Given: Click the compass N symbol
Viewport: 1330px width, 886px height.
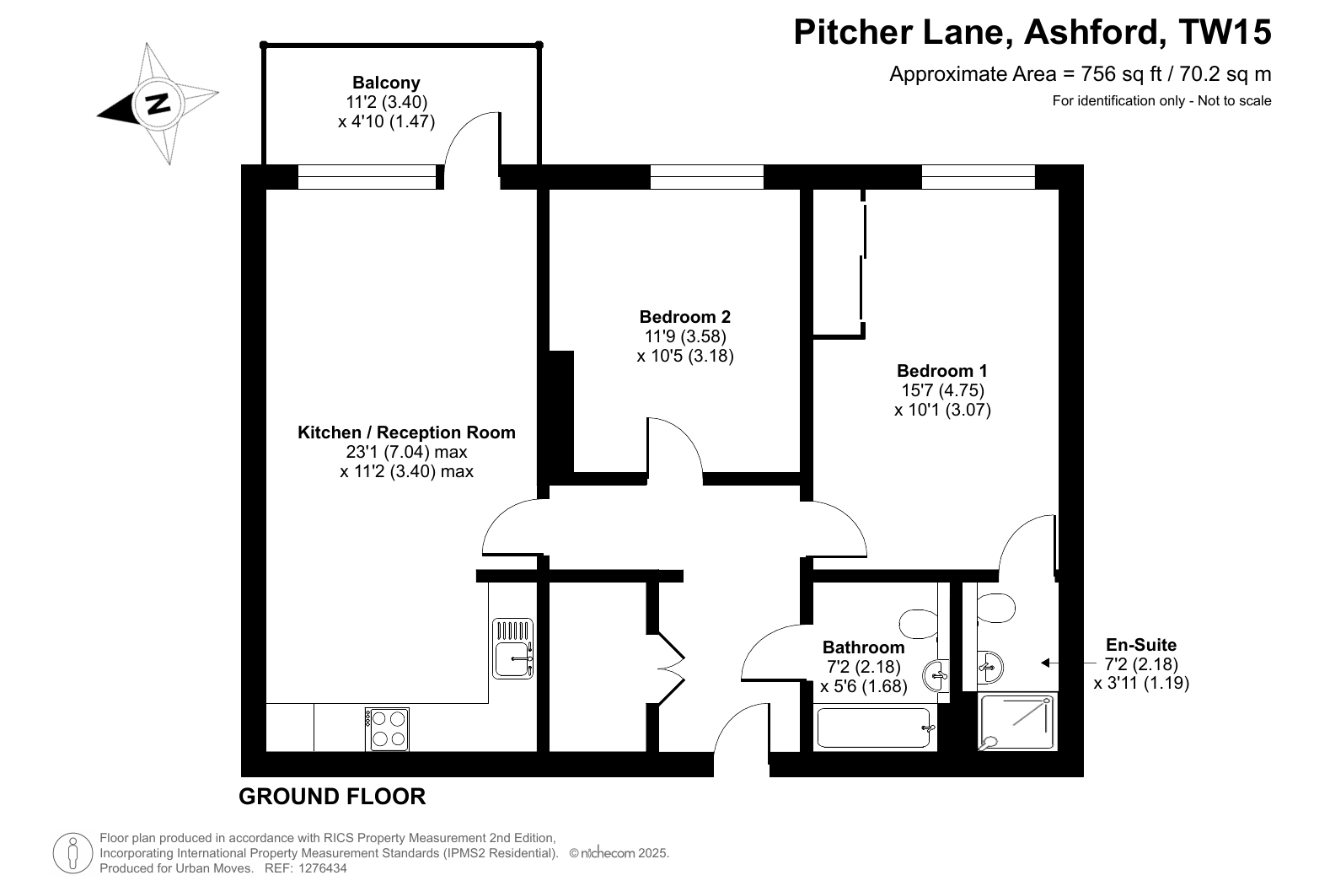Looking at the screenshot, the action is [158, 104].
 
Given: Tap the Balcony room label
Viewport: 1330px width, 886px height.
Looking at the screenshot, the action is [386, 83].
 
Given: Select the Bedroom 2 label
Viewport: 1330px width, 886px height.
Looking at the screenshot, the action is [684, 316].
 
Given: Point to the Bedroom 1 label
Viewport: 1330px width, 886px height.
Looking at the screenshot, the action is [941, 371].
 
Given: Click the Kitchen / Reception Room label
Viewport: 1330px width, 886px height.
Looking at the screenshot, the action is [406, 432].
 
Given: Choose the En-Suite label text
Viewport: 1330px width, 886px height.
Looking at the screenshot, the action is [1140, 644].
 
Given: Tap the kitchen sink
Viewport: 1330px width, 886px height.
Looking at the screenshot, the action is [512, 648].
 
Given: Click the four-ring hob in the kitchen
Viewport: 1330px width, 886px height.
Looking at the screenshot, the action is [387, 729].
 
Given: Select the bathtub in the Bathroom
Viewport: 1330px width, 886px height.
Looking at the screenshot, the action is [873, 728].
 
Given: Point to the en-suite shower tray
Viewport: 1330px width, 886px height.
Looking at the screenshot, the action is [1016, 722].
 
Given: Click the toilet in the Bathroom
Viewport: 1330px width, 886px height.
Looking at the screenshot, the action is [919, 624].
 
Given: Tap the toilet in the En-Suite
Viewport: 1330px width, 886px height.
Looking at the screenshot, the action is [995, 608].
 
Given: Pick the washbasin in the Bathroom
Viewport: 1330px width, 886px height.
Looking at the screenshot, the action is [936, 675].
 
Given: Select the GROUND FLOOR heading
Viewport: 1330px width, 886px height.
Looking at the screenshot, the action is [332, 797].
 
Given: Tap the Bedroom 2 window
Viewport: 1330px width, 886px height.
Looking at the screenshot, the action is [706, 177].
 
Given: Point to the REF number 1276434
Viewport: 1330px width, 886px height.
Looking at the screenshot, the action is [322, 868].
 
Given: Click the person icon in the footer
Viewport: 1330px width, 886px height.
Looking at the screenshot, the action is [73, 853].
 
